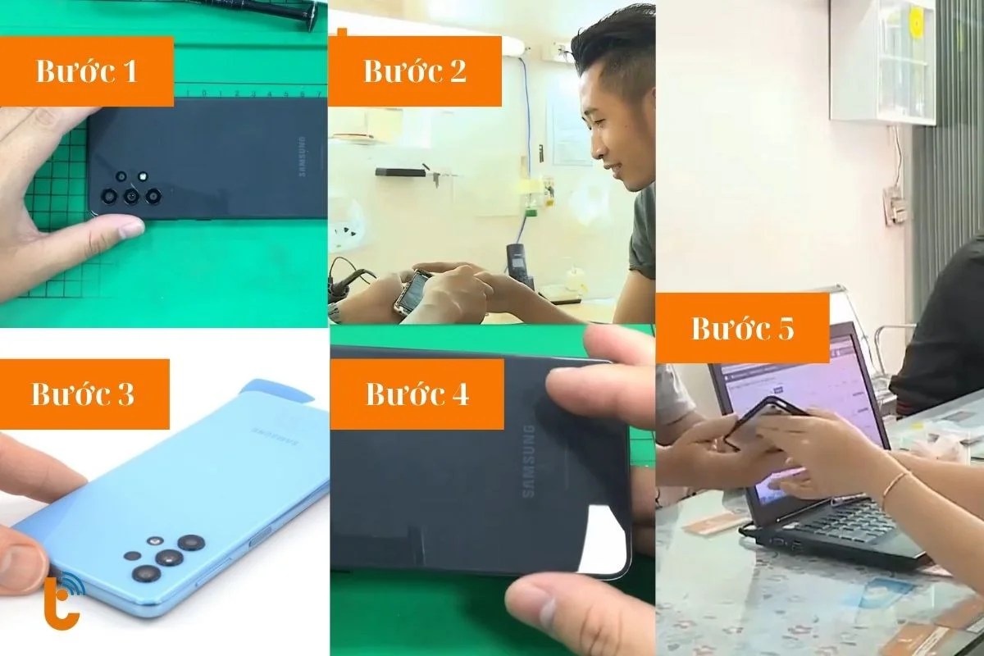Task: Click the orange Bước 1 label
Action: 86,71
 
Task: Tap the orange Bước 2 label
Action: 415,71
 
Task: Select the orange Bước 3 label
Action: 84,394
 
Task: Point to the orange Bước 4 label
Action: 417,394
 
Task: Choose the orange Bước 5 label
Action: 743,328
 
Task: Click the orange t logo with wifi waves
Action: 61,603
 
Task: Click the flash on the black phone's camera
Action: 143,175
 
